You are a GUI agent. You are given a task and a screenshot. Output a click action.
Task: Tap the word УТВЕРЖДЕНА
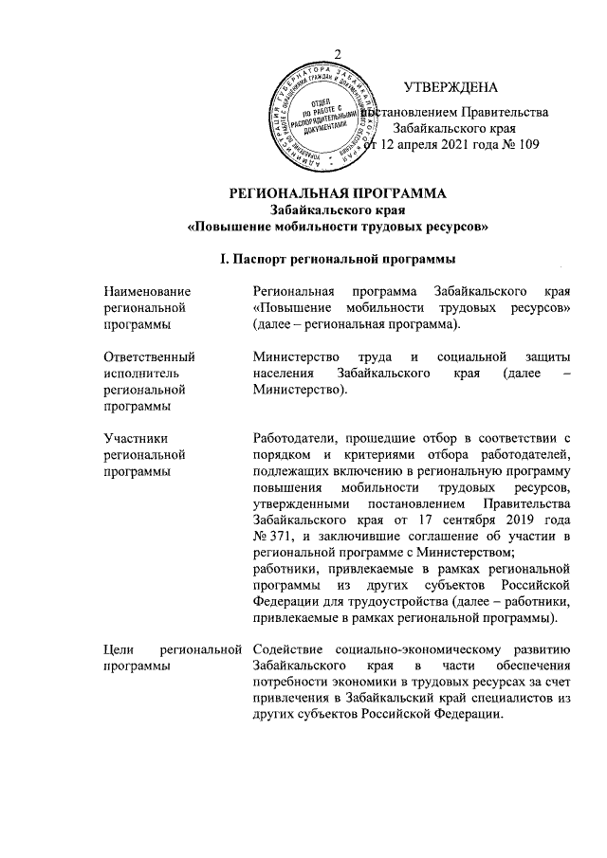pos(451,88)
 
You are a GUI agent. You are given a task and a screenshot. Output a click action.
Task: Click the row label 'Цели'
pos(120,648)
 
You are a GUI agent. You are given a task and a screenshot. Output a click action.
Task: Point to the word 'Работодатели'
pos(295,437)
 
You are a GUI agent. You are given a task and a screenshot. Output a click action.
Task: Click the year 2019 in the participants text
pos(513,520)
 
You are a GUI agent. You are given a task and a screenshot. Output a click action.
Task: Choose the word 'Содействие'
pos(288,648)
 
